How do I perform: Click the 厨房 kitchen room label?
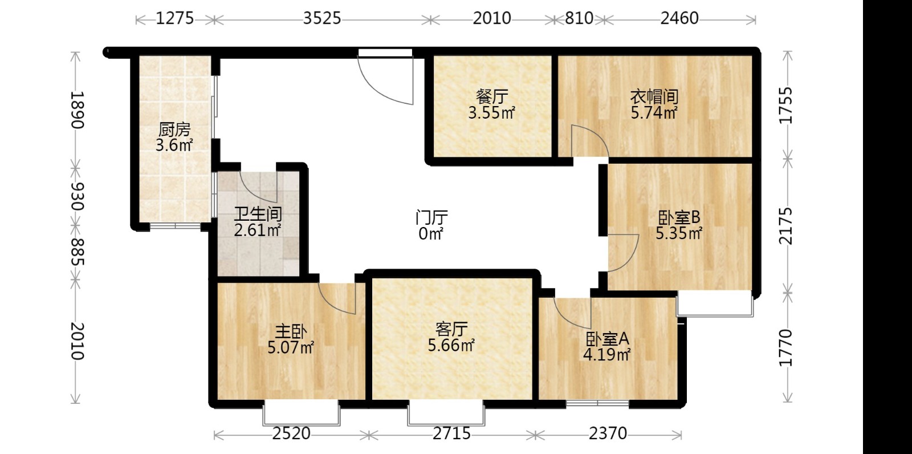tap(174, 129)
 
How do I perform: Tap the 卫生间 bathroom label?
tap(258, 214)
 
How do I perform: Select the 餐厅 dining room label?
tap(492, 96)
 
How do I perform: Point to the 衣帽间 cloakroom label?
tap(654, 97)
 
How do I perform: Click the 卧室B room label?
tap(679, 218)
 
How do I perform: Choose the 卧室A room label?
tap(608, 339)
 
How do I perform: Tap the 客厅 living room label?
tap(451, 329)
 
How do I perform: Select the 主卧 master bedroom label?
tap(291, 332)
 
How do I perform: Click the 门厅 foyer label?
tap(431, 217)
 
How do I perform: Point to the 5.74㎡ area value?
tap(654, 112)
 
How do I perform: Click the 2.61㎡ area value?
tap(258, 230)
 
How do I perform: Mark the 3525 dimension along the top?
tap(321, 18)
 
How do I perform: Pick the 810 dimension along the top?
tap(579, 18)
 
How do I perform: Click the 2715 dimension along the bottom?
tap(451, 433)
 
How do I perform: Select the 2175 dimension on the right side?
tap(786, 226)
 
